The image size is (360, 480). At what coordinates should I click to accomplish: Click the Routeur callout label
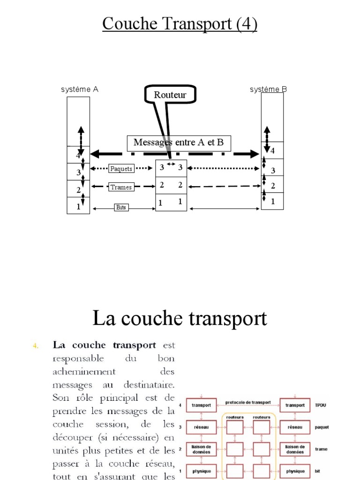click(x=170, y=95)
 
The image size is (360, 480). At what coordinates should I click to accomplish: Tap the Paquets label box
click(x=121, y=169)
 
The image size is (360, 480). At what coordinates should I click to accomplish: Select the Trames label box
click(x=121, y=187)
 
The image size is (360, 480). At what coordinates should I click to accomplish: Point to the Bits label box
click(x=121, y=207)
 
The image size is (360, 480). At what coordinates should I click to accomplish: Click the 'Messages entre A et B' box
click(x=179, y=142)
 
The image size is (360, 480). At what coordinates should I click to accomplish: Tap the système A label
click(x=80, y=90)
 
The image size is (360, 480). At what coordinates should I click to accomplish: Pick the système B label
click(x=268, y=90)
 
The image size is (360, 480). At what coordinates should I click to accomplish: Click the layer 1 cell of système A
click(x=78, y=205)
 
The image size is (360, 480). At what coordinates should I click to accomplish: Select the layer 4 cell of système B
click(x=272, y=150)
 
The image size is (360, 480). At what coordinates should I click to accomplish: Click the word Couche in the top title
click(x=130, y=23)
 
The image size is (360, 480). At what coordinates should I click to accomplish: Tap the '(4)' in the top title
click(x=247, y=24)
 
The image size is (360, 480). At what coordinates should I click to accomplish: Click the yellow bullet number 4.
click(x=36, y=346)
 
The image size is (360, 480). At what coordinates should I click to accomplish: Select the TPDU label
click(x=321, y=405)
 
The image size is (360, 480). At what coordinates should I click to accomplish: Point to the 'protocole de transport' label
click(x=248, y=402)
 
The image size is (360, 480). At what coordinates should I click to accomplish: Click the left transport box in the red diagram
click(x=202, y=405)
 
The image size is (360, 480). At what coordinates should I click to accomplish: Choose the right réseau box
click(x=295, y=427)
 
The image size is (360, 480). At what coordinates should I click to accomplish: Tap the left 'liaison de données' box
click(x=202, y=449)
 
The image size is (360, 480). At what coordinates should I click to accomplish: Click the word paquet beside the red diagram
click(x=322, y=427)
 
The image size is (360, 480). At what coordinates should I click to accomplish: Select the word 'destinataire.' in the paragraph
click(x=149, y=384)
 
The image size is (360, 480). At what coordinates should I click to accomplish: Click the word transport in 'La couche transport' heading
click(x=228, y=319)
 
